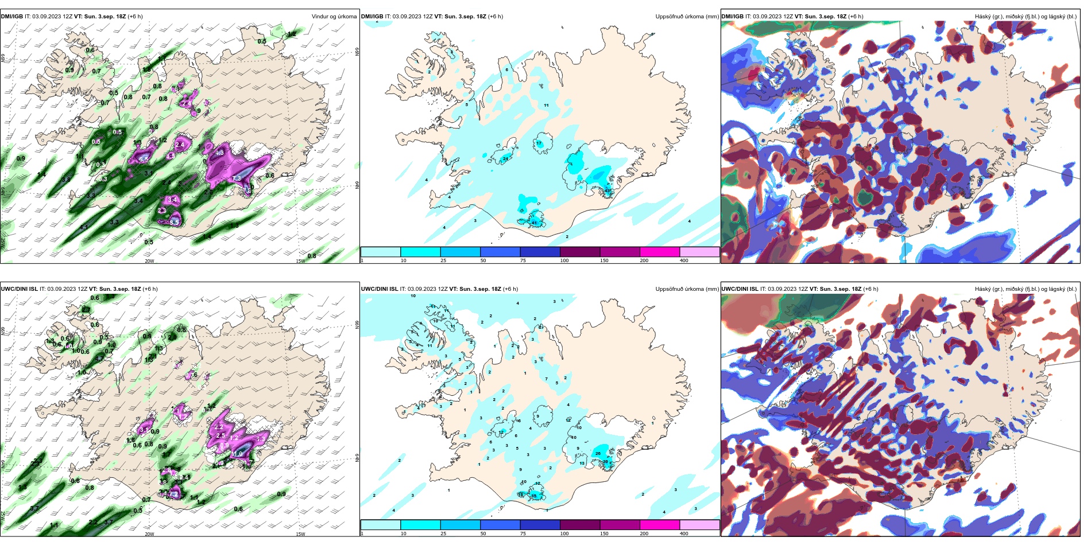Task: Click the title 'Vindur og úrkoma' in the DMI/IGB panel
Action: pyautogui.click(x=334, y=17)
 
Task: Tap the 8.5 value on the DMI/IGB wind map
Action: pyautogui.click(x=175, y=221)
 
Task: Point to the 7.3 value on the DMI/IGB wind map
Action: pyautogui.click(x=237, y=179)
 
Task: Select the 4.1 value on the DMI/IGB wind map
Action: pyautogui.click(x=84, y=227)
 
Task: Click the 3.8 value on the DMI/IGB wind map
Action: pyautogui.click(x=66, y=180)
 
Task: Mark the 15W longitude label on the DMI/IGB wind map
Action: pyautogui.click(x=300, y=261)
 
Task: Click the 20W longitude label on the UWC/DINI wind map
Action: pyautogui.click(x=149, y=534)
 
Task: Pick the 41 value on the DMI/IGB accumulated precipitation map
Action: pyautogui.click(x=534, y=223)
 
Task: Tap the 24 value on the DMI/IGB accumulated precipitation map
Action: pyautogui.click(x=505, y=158)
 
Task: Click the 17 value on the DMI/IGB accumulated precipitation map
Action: pyautogui.click(x=539, y=143)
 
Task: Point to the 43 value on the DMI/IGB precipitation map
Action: pyautogui.click(x=608, y=191)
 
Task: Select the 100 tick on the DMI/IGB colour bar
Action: pyautogui.click(x=564, y=260)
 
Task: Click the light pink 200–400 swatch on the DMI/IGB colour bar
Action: pyautogui.click(x=699, y=252)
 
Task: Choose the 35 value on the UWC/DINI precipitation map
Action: pyautogui.click(x=534, y=496)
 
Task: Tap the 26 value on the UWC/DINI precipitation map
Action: pyautogui.click(x=598, y=454)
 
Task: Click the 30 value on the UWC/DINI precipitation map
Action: pyautogui.click(x=605, y=462)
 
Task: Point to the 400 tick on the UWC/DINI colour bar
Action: pyautogui.click(x=684, y=534)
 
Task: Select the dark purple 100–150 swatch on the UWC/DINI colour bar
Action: pyautogui.click(x=580, y=525)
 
